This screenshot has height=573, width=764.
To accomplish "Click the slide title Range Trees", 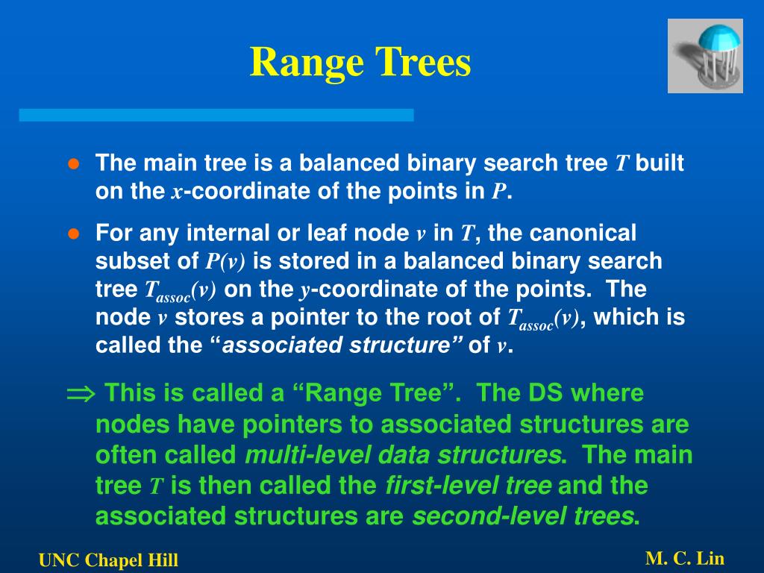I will point(360,62).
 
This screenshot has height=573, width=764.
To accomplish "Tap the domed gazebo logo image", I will point(705,56).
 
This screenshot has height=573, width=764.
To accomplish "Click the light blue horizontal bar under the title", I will point(216,115).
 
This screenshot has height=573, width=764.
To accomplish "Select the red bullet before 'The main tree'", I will point(73,164).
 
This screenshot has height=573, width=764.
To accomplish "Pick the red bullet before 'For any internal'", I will point(73,234).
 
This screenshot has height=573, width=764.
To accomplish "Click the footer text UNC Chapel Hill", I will point(109,560).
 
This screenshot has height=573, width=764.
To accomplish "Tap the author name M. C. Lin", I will point(685,558).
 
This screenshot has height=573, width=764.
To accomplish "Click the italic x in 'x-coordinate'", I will point(177,192).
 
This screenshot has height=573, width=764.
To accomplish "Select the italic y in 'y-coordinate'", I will point(305,289).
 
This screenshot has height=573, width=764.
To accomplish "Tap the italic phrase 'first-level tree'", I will point(468,486).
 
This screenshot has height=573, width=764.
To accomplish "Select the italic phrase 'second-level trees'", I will point(523,516).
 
